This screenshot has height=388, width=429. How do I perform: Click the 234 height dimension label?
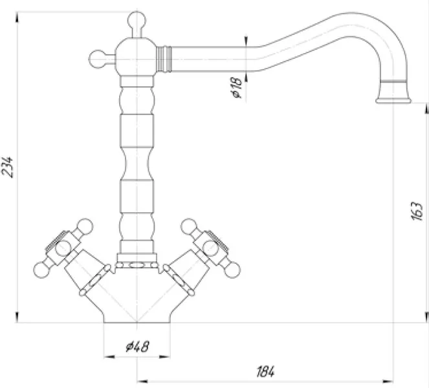(x=7, y=167)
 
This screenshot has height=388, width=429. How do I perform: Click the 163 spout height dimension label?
(x=417, y=211)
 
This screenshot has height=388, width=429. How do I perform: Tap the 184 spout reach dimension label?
(x=265, y=371)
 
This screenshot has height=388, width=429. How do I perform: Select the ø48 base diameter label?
(x=138, y=347)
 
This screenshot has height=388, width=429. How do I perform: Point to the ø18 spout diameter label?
(x=236, y=87)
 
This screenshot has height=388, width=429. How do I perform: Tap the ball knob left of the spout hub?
(x=98, y=59)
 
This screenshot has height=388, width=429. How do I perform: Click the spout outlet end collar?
(x=393, y=92)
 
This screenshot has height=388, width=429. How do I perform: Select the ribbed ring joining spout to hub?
(x=164, y=59)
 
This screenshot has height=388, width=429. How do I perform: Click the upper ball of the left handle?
(x=84, y=227)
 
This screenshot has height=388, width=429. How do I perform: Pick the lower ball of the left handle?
(x=42, y=270)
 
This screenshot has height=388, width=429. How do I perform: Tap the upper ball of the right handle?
(x=190, y=227)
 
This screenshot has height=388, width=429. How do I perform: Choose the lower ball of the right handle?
(x=232, y=270)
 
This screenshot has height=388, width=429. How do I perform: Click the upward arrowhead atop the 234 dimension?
(x=17, y=17)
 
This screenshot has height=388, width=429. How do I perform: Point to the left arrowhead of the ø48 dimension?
(x=109, y=356)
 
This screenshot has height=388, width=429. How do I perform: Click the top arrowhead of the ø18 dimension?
(x=246, y=41)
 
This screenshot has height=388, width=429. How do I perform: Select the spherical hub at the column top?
(x=136, y=57)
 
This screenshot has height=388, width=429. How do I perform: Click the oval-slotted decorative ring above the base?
(x=137, y=265)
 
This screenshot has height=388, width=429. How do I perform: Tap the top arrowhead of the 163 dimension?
(x=426, y=108)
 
